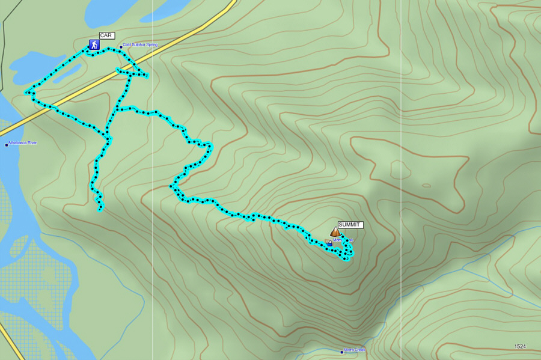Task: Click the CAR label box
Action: [x=106, y=35]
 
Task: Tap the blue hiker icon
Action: [x=94, y=44]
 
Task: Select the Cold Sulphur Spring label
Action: [x=140, y=45]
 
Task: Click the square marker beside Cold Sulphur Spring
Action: [x=121, y=46]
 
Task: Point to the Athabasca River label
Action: [x=23, y=143]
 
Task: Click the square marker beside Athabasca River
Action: [x=6, y=144]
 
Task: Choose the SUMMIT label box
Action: [x=350, y=225]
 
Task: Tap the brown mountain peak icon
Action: [x=335, y=232]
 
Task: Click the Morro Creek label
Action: [x=355, y=350]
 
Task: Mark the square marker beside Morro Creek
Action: [x=341, y=350]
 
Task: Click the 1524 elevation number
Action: [x=520, y=346]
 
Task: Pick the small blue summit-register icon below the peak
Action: [x=329, y=243]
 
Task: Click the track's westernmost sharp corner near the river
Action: [x=26, y=93]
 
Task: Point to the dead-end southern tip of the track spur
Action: [x=100, y=210]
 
